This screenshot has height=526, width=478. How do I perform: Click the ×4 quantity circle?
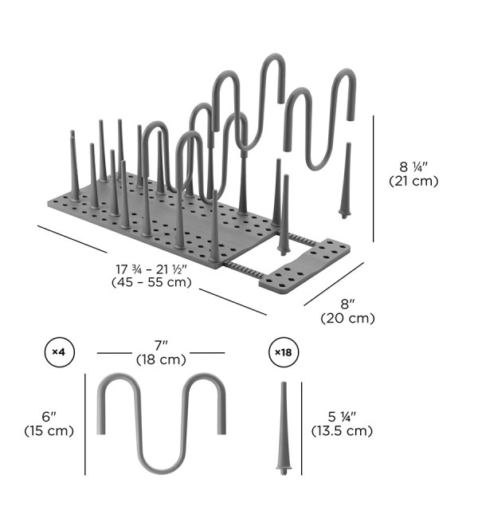(60, 352)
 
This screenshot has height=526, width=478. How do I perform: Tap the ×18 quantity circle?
(284, 352)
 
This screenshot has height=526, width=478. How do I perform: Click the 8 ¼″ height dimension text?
(413, 167)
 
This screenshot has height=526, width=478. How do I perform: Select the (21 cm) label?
(413, 181)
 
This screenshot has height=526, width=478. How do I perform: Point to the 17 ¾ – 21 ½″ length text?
(151, 269)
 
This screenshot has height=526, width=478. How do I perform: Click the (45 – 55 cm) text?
(151, 282)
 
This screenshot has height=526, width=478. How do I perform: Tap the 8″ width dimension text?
(347, 304)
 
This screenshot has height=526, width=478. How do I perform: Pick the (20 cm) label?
(347, 318)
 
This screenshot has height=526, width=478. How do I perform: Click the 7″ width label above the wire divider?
(161, 346)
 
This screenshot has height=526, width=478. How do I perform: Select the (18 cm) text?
(161, 359)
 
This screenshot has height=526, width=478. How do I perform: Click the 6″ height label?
(49, 417)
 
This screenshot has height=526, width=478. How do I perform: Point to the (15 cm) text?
(49, 430)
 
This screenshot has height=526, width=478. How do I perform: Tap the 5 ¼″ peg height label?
(342, 417)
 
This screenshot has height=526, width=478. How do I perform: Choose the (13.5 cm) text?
(342, 430)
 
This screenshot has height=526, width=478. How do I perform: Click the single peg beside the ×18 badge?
(284, 429)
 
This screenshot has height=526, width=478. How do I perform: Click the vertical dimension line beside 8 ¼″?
(374, 179)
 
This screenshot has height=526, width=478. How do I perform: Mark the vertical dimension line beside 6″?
(85, 424)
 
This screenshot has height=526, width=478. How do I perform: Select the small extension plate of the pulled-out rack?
(304, 266)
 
